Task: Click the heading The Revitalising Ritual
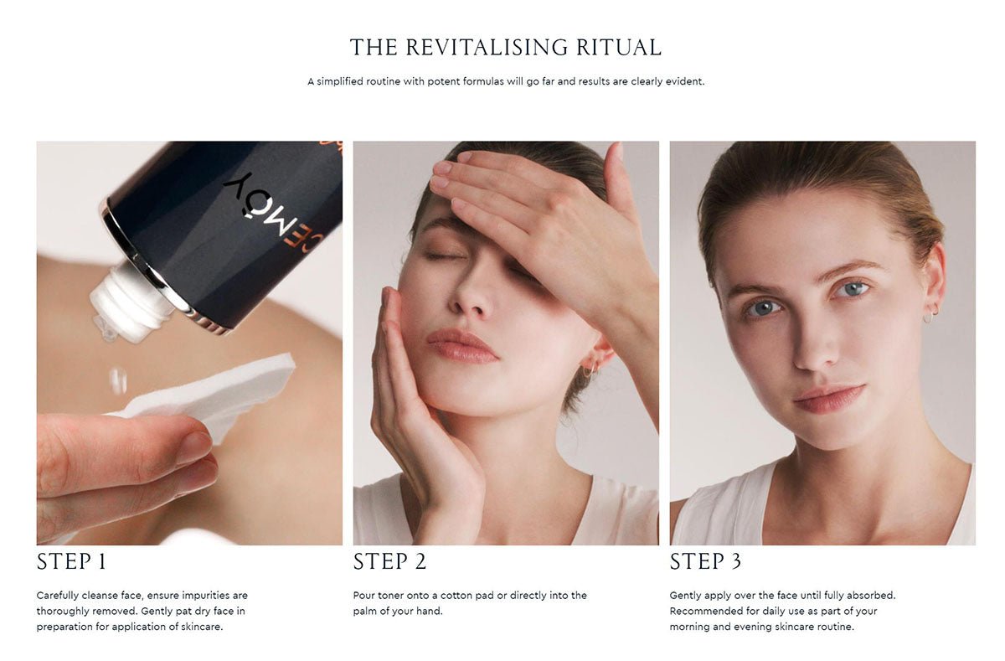[505, 47]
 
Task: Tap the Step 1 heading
[71, 561]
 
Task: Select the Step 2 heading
[389, 561]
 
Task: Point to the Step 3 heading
[705, 561]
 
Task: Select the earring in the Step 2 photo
[589, 369]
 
